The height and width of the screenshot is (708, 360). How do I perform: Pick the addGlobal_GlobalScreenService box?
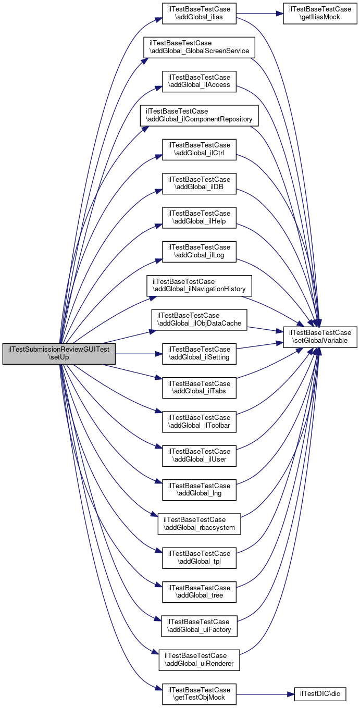pos(200,48)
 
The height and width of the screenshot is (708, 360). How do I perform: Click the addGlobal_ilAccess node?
pos(200,82)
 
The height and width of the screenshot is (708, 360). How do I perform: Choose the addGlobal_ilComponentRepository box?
pos(200,116)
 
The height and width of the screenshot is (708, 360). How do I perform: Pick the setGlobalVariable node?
pos(320,337)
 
